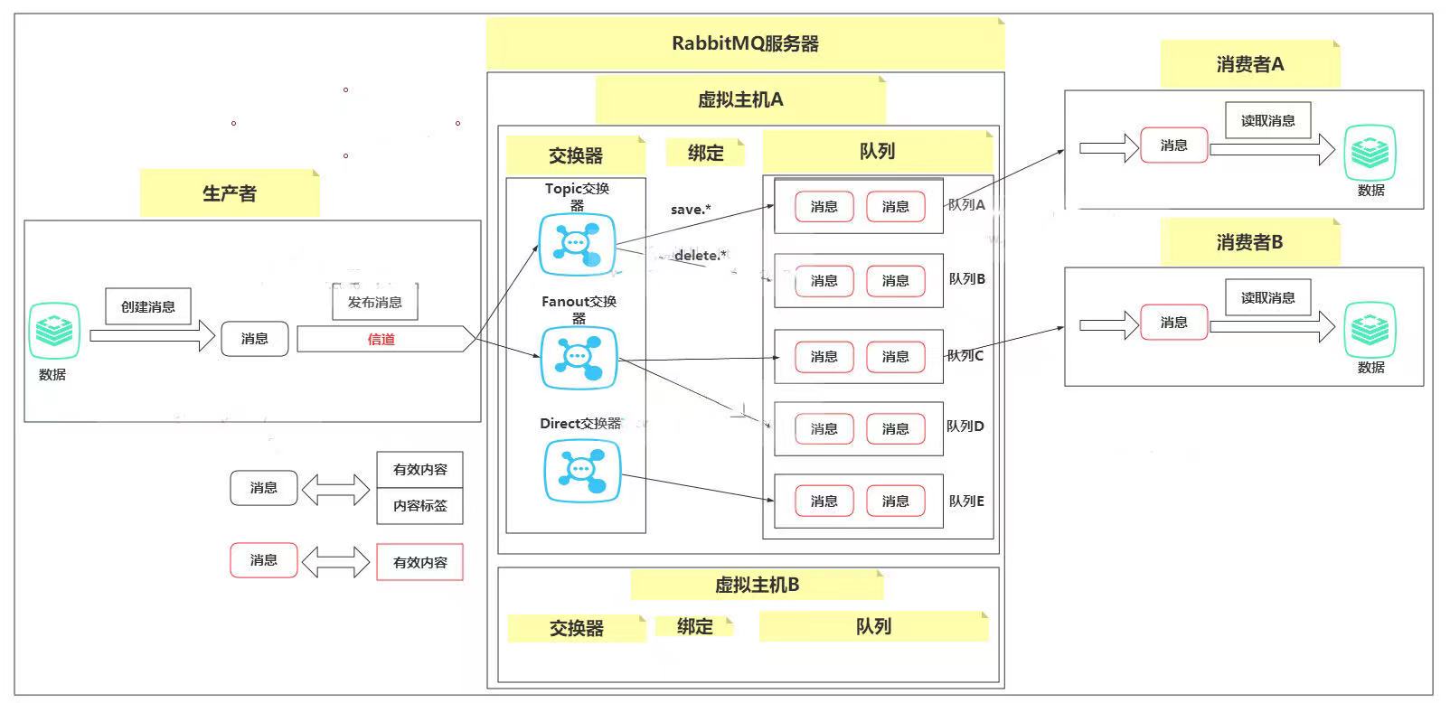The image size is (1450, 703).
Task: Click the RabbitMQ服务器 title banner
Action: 745,43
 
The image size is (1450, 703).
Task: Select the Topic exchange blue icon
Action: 577,244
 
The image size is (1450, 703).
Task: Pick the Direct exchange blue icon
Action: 582,470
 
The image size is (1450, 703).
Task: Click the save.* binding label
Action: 691,210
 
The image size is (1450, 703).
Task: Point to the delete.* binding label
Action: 700,256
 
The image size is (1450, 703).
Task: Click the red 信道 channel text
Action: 381,340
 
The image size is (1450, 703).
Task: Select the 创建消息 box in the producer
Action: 148,306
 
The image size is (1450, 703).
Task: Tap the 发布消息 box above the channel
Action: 374,303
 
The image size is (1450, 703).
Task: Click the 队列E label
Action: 965,501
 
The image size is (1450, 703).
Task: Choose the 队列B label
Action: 966,279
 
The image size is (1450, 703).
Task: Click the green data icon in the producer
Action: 54,332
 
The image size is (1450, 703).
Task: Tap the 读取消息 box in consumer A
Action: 1267,120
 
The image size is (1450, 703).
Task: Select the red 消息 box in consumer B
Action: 1173,323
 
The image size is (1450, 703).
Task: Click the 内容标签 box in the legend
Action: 419,506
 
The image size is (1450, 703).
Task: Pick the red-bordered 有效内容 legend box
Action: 419,562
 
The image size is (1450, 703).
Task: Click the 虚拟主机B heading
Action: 757,585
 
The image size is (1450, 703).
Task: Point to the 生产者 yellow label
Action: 230,193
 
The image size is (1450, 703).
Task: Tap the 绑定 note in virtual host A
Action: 705,153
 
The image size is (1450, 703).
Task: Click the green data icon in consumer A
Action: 1370,154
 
